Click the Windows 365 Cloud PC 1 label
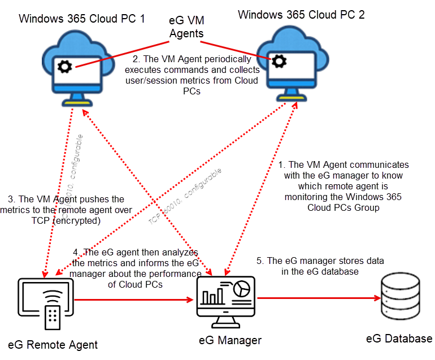click(x=82, y=18)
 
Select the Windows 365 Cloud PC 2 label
click(x=301, y=14)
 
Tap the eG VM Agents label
click(x=187, y=28)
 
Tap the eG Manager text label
click(x=230, y=340)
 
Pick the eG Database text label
click(x=399, y=339)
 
